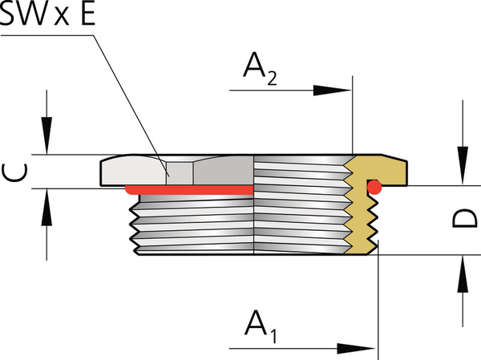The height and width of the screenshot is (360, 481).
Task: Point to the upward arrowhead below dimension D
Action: click(x=462, y=276)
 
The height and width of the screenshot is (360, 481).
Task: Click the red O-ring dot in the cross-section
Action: click(x=374, y=187)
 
